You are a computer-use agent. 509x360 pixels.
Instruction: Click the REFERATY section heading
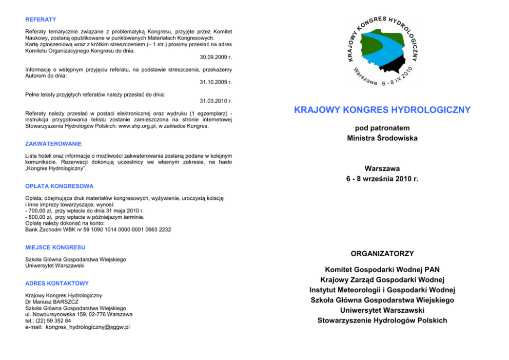pyautogui.click(x=41, y=20)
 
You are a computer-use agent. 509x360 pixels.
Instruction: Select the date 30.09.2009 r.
pyautogui.click(x=216, y=57)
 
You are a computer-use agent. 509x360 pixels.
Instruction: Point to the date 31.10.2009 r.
pyautogui.click(x=216, y=82)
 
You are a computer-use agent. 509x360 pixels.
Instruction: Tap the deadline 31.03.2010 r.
pyautogui.click(x=216, y=101)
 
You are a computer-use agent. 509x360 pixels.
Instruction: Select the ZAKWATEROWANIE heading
pyautogui.click(x=53, y=144)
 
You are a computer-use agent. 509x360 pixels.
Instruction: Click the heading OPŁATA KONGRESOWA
pyautogui.click(x=59, y=186)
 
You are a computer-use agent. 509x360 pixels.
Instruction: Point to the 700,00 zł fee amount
pyautogui.click(x=40, y=211)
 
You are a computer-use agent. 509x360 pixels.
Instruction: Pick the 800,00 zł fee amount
pyautogui.click(x=40, y=217)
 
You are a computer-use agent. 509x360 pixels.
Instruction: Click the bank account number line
pyautogui.click(x=98, y=230)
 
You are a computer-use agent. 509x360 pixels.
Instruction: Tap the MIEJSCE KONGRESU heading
pyautogui.click(x=55, y=248)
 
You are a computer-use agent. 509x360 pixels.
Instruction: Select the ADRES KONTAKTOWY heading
pyautogui.click(x=57, y=283)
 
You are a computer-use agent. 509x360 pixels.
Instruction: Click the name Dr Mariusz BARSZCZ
pyautogui.click(x=52, y=302)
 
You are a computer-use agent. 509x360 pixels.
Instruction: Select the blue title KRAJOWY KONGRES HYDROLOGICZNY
pyautogui.click(x=382, y=110)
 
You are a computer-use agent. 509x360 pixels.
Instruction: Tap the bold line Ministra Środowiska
pyautogui.click(x=382, y=138)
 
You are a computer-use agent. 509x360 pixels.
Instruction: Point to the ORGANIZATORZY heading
pyautogui.click(x=382, y=254)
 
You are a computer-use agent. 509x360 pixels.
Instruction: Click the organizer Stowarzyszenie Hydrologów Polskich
pyautogui.click(x=382, y=320)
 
